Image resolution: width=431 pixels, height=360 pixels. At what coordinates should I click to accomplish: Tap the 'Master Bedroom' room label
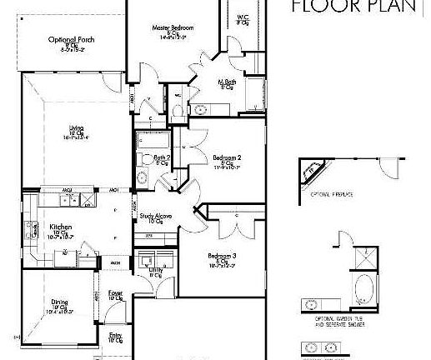click(x=173, y=28)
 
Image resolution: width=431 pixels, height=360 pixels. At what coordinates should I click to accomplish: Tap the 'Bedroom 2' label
click(x=226, y=157)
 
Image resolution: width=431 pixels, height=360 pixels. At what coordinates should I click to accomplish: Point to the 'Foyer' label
click(x=115, y=292)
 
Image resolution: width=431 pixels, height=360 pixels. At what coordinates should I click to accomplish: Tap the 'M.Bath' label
click(x=228, y=82)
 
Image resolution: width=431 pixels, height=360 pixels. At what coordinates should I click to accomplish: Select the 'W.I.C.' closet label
click(x=243, y=19)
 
